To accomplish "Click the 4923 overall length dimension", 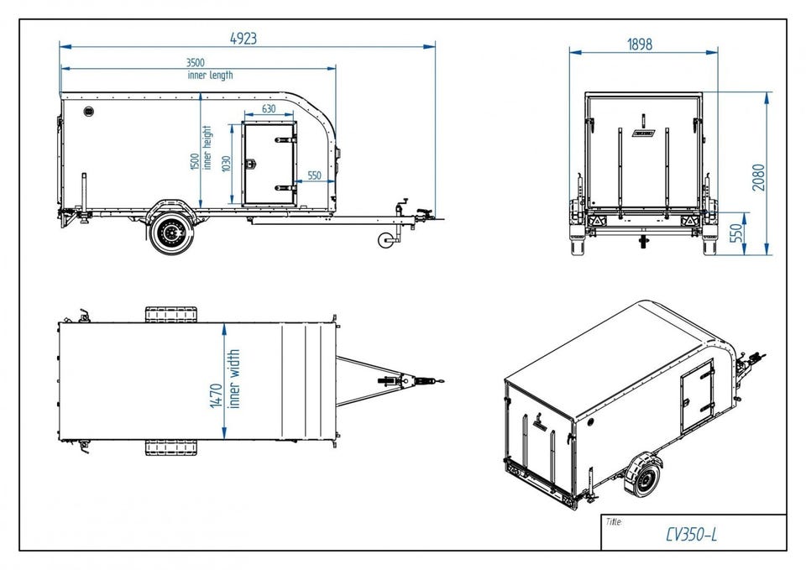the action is pyautogui.click(x=243, y=39).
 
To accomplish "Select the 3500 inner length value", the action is pyautogui.click(x=195, y=63).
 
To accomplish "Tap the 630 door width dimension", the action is pyautogui.click(x=269, y=109).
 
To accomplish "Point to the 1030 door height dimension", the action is pyautogui.click(x=227, y=164).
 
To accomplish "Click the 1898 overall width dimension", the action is pyautogui.click(x=640, y=44).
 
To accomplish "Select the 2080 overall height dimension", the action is pyautogui.click(x=759, y=177).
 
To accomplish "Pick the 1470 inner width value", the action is pyautogui.click(x=217, y=395).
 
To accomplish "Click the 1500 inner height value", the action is pyautogui.click(x=195, y=162).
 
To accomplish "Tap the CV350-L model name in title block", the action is pyautogui.click(x=691, y=535).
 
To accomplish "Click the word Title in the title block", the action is pyautogui.click(x=614, y=522).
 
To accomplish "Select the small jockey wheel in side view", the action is pyautogui.click(x=385, y=241).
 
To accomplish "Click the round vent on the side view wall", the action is pyautogui.click(x=88, y=112).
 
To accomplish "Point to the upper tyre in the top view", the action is pyautogui.click(x=170, y=315).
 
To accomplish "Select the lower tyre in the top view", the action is pyautogui.click(x=170, y=447).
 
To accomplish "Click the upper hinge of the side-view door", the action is pyautogui.click(x=285, y=140).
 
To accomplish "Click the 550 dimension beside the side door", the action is pyautogui.click(x=314, y=175).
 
